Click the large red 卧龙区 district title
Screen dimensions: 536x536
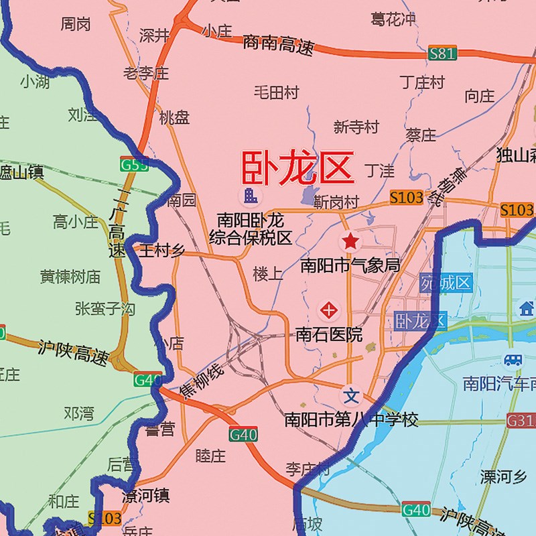(x=297, y=167)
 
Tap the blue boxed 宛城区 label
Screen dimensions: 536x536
(x=447, y=283)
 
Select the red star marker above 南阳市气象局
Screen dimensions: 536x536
(x=350, y=241)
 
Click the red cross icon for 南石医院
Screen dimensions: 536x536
(x=329, y=310)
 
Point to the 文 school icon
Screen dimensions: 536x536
(x=352, y=393)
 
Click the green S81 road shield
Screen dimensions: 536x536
(x=442, y=54)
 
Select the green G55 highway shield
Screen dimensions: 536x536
(x=134, y=163)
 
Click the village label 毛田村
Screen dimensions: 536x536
(x=276, y=92)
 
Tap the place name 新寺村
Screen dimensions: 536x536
(x=356, y=127)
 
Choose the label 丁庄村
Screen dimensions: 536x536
(x=422, y=82)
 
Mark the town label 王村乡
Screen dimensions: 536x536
(x=161, y=251)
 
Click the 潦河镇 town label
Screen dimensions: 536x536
(x=145, y=496)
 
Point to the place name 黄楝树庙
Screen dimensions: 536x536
(x=70, y=276)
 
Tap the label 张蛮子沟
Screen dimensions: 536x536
(x=105, y=309)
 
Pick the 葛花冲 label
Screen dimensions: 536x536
(x=394, y=19)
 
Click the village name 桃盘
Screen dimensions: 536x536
(x=174, y=118)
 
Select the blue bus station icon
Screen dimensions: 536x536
(x=513, y=360)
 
